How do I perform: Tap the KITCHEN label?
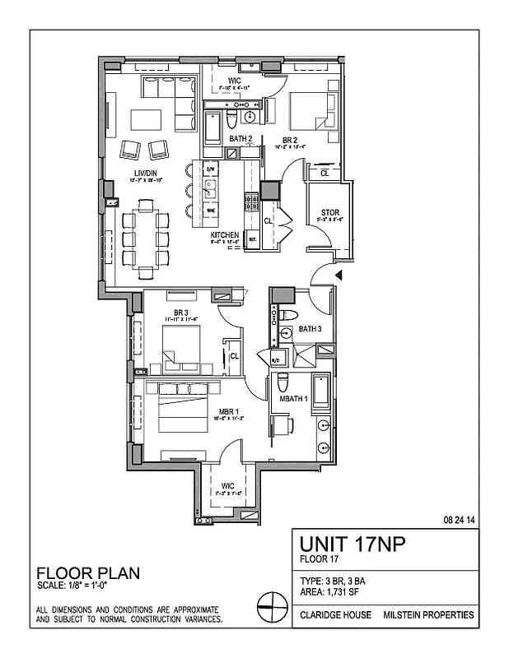point(224,235)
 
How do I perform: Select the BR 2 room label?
point(291,140)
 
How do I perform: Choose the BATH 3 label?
point(310,329)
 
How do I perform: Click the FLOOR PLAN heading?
point(86,573)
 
